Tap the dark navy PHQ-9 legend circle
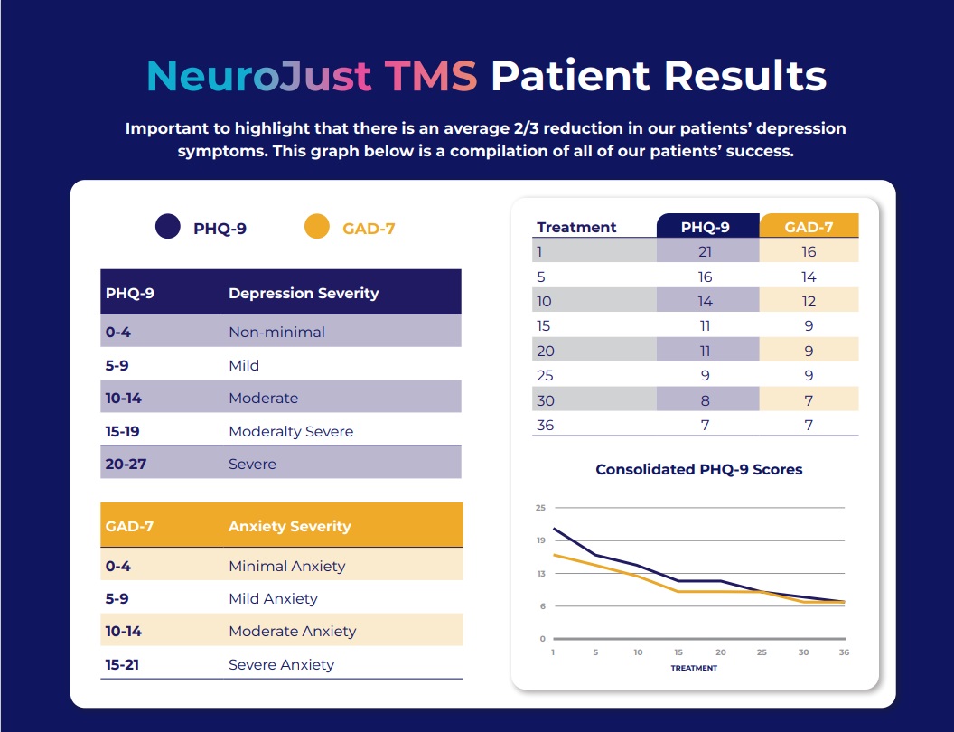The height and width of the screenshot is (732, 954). point(167,228)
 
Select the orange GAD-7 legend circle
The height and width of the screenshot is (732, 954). point(316,228)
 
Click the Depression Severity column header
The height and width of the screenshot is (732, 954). point(304,293)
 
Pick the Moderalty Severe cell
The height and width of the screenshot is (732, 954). point(291,431)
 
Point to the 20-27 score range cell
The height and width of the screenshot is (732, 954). point(127,464)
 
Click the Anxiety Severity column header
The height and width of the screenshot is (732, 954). point(289,526)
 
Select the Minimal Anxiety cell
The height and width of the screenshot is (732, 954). point(286,566)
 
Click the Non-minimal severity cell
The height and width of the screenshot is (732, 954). point(276,332)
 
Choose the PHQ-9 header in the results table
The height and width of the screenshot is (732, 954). point(706,227)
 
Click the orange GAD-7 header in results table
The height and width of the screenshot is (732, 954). point(809,227)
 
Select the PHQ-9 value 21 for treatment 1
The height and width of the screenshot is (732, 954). point(705,252)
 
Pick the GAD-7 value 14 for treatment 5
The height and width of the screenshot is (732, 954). point(809,277)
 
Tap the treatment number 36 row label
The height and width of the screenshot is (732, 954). point(546,425)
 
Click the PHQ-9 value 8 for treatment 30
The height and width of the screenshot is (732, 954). point(705,400)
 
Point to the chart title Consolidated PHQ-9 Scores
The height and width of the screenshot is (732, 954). point(698,469)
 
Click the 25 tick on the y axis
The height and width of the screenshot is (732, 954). point(540,508)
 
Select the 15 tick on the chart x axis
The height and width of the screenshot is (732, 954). point(678,652)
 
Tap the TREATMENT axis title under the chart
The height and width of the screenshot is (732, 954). point(694,668)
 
